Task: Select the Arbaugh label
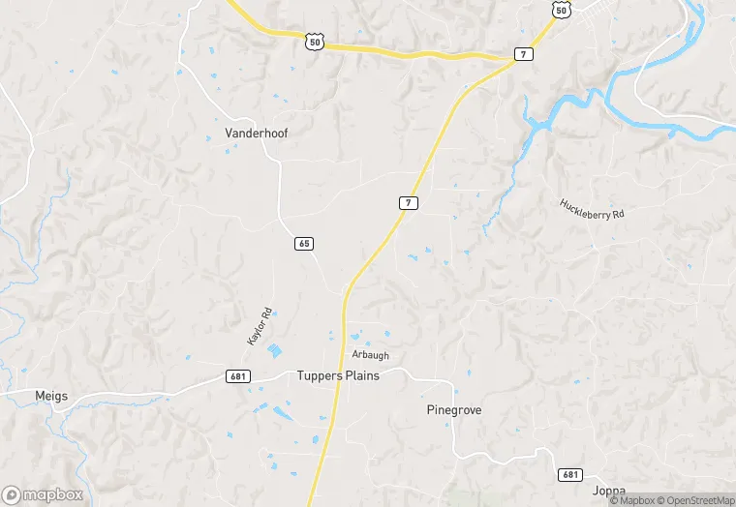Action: [370, 355]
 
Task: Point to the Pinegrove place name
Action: [454, 410]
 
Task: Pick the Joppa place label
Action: [608, 492]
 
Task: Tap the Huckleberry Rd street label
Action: [592, 210]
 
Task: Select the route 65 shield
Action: [303, 244]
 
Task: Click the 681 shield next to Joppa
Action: [570, 474]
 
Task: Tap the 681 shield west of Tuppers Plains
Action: [239, 375]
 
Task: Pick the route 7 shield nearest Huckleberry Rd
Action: [410, 202]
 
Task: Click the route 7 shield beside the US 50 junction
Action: [523, 54]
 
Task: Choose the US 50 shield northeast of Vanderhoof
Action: [312, 41]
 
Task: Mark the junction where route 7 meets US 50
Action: [512, 59]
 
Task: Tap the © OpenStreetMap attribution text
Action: [695, 500]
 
